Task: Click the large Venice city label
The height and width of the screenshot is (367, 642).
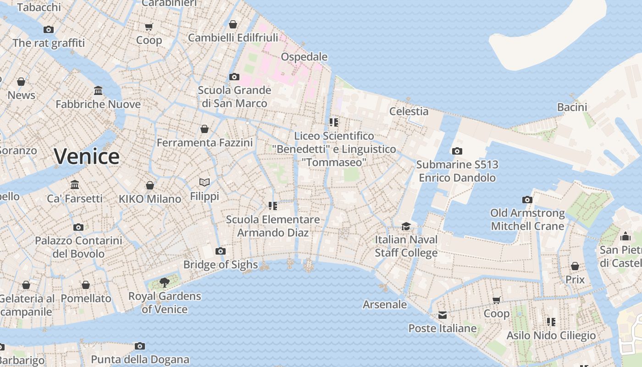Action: (87, 156)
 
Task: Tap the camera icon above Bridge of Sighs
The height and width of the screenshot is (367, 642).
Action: (221, 251)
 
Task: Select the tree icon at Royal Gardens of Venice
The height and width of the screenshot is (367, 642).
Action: (164, 282)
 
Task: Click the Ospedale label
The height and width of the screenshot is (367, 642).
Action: (304, 57)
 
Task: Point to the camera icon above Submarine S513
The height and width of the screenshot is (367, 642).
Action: (457, 151)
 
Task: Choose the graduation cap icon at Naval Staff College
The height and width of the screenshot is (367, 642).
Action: (406, 226)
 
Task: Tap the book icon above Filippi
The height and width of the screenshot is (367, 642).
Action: (205, 183)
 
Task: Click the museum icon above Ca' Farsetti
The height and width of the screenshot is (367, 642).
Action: (75, 184)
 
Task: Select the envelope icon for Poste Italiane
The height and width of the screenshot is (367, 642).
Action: (442, 315)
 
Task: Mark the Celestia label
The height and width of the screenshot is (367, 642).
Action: (409, 111)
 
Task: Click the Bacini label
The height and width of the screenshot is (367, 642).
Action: (572, 107)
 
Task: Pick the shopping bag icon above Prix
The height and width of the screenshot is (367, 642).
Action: (575, 266)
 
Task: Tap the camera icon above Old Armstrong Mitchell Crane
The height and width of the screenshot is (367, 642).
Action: (527, 200)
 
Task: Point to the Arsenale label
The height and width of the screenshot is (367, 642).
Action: (385, 304)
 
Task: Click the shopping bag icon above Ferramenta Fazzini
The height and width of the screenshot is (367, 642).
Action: (205, 129)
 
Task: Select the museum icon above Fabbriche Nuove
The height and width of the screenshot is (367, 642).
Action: (98, 90)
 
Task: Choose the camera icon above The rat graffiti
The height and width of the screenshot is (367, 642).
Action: (49, 29)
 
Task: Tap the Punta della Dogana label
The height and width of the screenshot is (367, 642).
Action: (140, 359)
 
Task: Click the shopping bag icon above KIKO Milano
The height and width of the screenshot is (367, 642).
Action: (150, 185)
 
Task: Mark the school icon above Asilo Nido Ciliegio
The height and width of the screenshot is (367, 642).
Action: (551, 322)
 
